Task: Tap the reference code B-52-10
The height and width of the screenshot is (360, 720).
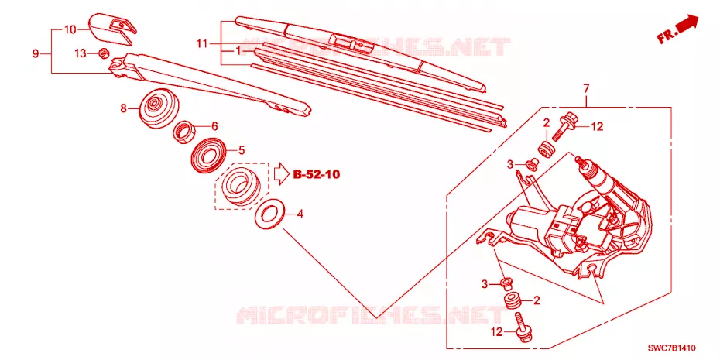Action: (317, 174)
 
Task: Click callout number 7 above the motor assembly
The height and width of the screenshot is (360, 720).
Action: (585, 88)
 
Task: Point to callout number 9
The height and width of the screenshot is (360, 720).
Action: (36, 53)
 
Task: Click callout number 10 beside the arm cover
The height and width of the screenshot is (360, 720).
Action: (70, 30)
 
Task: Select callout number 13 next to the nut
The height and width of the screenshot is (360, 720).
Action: (81, 53)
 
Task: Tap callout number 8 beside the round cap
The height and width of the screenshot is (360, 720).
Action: (123, 109)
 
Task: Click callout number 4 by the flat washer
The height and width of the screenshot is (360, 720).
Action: (300, 214)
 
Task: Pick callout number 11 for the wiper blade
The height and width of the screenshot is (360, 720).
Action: (202, 44)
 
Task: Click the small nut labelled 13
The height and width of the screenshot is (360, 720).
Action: (104, 53)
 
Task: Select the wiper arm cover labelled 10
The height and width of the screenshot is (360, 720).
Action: (112, 29)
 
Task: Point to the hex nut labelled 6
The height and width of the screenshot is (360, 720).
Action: (184, 132)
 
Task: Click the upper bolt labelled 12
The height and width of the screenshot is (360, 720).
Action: (564, 125)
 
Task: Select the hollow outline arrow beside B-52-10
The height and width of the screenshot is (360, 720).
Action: (280, 174)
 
